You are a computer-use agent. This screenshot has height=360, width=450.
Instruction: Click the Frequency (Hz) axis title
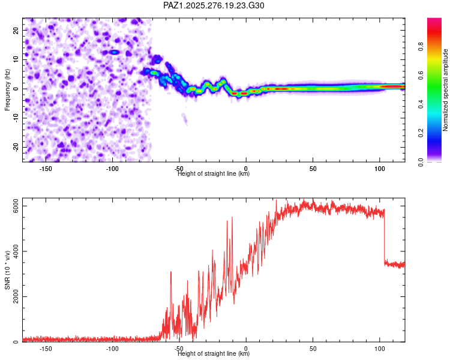pos(7,89)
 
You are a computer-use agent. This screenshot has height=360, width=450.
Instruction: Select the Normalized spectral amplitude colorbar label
pos(446,90)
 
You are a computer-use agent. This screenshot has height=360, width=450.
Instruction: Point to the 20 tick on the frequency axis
pos(17,30)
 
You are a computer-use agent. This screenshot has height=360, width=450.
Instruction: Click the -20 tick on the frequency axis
pos(16,147)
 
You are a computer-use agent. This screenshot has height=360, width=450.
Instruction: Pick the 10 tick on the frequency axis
pos(17,59)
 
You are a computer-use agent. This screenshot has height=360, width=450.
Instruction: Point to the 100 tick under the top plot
pos(379,169)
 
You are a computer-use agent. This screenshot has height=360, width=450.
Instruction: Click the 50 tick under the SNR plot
pos(313,349)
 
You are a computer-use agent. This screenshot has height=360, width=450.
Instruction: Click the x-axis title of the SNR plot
pos(214,354)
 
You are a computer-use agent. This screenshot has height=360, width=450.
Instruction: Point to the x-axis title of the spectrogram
pos(214,174)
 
